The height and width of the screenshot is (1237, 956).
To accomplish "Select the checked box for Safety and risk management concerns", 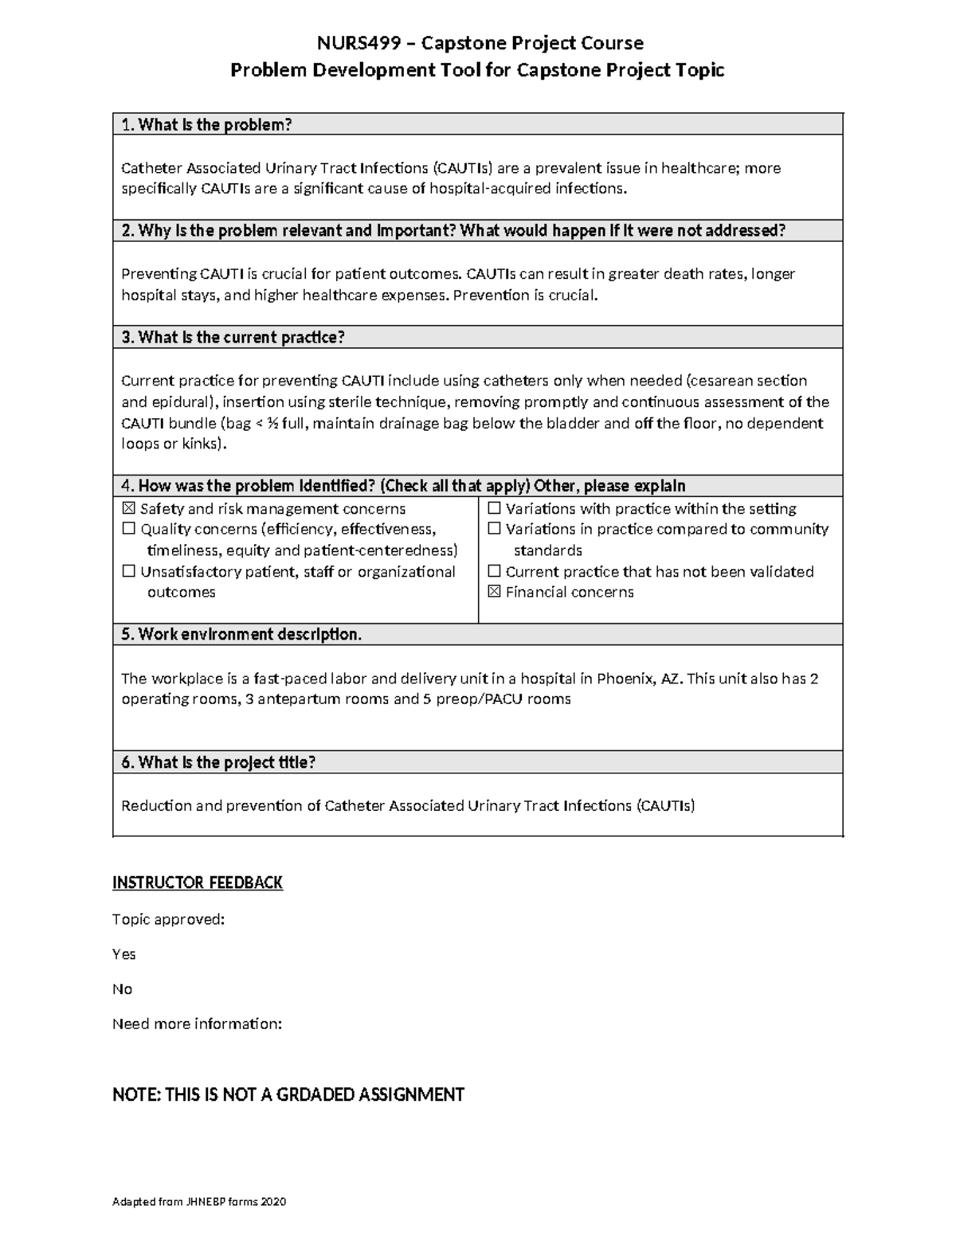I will [128, 509].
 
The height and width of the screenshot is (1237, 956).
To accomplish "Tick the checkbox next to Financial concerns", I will [494, 592].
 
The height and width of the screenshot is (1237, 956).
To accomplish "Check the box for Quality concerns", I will [128, 530].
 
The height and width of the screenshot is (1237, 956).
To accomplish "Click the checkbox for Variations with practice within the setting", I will [494, 509].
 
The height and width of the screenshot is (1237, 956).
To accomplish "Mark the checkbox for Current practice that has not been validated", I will [494, 572].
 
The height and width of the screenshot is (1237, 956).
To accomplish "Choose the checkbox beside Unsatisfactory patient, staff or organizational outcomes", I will [128, 572].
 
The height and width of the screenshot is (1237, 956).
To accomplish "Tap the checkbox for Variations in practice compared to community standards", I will [494, 530].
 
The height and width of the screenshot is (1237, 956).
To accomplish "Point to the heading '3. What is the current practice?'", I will [233, 338].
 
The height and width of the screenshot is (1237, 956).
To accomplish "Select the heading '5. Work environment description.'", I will [241, 635].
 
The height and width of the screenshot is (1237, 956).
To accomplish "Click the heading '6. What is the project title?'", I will [218, 763].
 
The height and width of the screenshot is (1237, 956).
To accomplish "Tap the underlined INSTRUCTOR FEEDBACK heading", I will [198, 883].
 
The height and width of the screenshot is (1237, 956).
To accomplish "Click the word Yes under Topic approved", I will [124, 954].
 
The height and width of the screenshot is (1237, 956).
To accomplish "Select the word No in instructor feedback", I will [122, 989].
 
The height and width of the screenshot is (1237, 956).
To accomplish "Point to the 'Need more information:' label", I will [198, 1024].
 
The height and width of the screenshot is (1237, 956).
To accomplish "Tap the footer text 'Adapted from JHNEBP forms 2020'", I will [199, 1202].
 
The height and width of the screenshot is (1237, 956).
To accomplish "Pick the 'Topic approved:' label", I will [168, 919].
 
